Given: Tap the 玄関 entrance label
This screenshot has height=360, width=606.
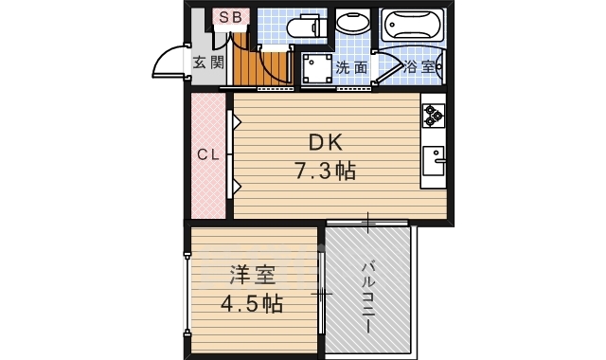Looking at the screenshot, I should pyautogui.click(x=208, y=63).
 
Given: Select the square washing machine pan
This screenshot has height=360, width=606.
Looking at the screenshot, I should pyautogui.click(x=313, y=68).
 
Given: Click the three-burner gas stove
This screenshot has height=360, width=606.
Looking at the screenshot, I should pyautogui.click(x=434, y=115).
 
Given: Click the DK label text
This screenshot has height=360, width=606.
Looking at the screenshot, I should pyautogui.click(x=325, y=143).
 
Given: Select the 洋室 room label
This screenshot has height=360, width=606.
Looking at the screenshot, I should pyautogui.click(x=251, y=278).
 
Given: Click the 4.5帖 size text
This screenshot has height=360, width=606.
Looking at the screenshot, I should pyautogui.click(x=251, y=304).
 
